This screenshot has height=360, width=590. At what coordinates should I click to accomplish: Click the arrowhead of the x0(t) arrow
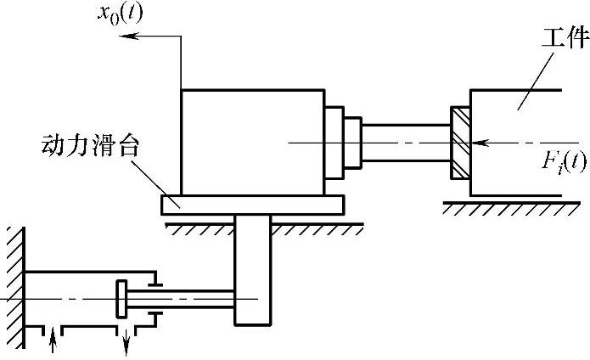click(x=125, y=36)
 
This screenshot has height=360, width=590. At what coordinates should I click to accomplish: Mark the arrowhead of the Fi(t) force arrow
click(x=475, y=143)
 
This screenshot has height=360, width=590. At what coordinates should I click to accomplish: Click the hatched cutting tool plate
click(x=459, y=143)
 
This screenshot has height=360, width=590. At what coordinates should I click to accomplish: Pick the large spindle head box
click(x=252, y=141)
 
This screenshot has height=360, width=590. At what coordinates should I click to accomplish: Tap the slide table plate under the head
click(x=252, y=203)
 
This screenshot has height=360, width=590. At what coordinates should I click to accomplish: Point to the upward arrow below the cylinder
click(x=53, y=341)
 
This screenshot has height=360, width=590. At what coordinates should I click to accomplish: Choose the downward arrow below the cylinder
click(x=127, y=343)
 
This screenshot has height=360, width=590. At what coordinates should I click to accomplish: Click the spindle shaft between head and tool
click(x=406, y=142)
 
